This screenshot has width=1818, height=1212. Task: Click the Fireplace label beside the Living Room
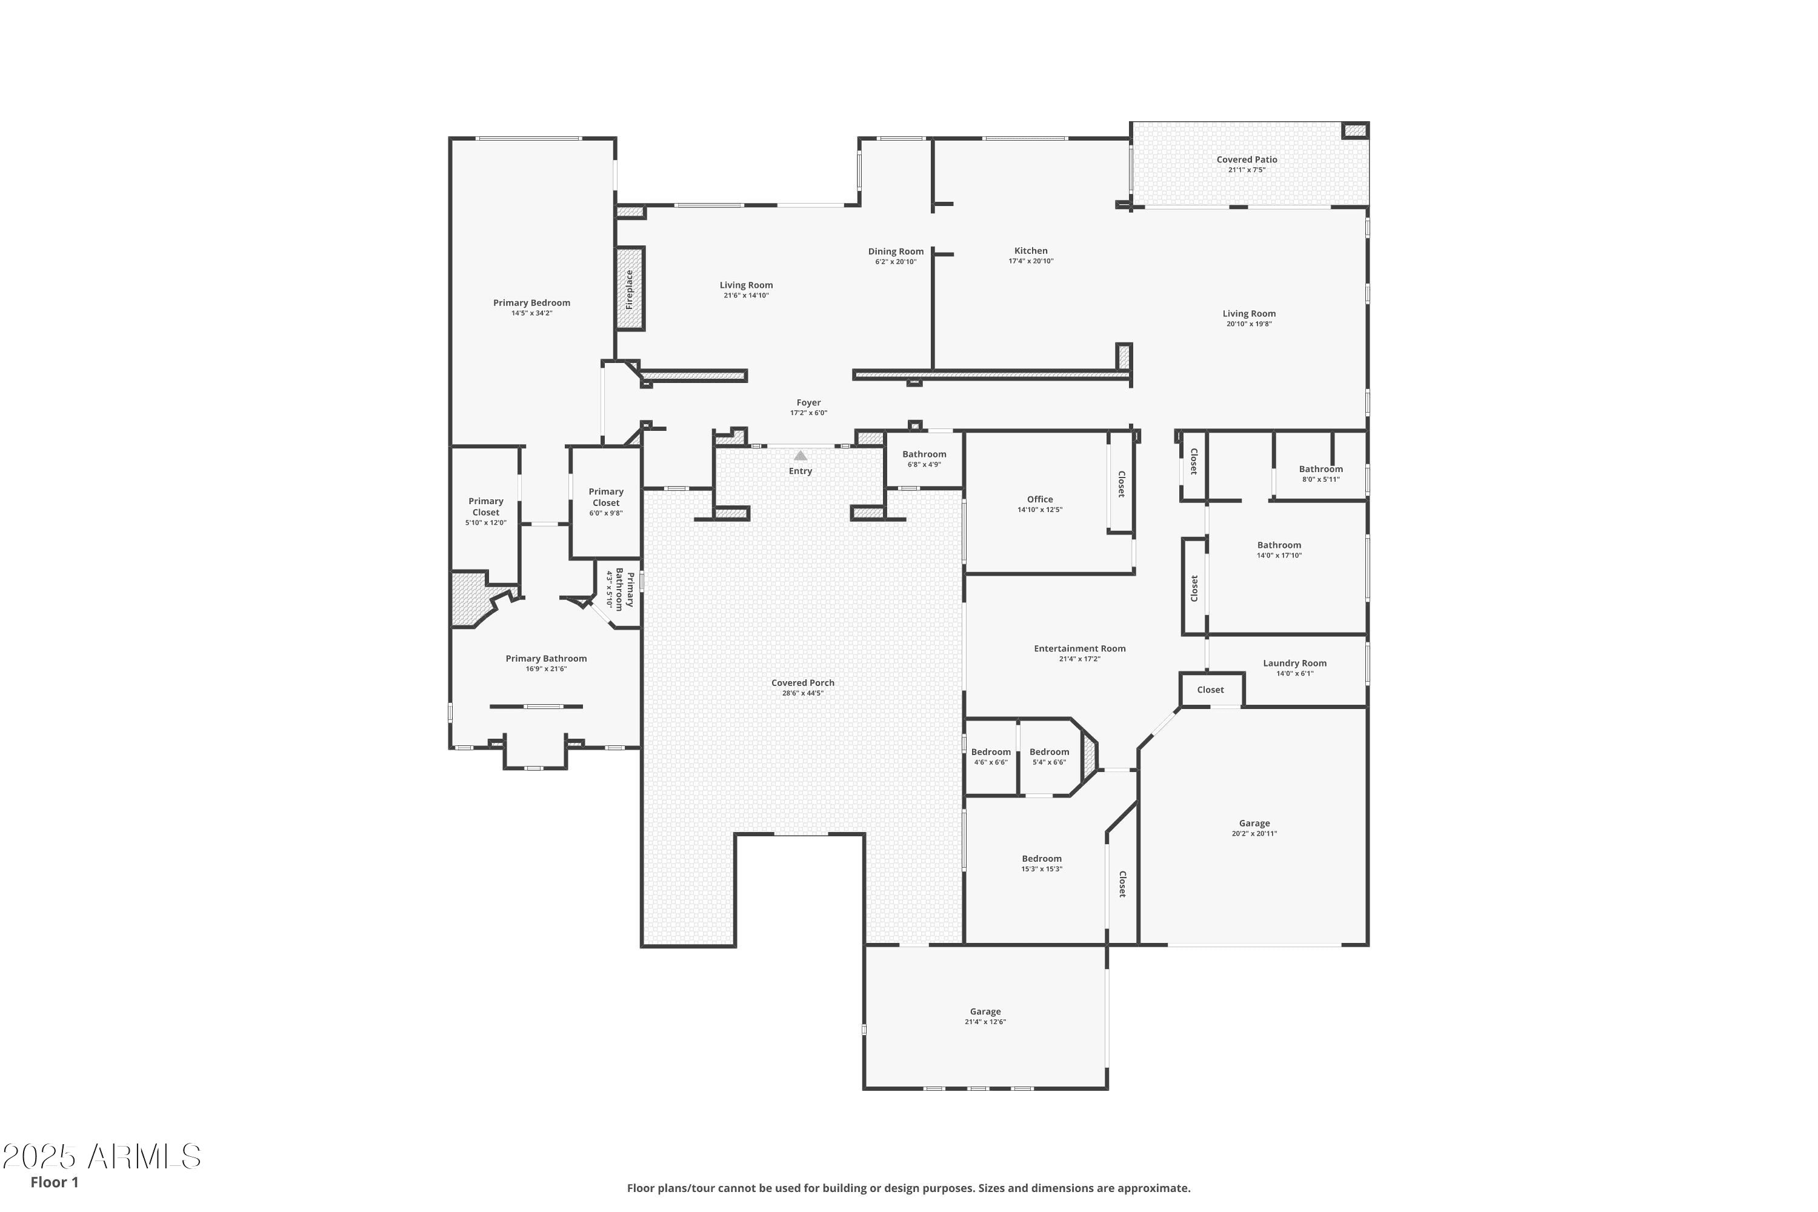[x=629, y=290]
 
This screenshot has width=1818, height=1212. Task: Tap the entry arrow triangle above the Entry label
[x=800, y=456]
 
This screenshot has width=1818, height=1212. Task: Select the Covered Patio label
[x=1246, y=160]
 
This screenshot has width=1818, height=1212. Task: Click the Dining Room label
[x=895, y=251]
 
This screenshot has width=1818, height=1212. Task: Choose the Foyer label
[x=808, y=403]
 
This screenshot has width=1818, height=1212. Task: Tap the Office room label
[x=1040, y=499]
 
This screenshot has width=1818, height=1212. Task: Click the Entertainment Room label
[x=1079, y=648]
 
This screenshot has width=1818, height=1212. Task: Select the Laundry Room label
[x=1294, y=663]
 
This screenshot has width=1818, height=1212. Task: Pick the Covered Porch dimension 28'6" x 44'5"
[x=802, y=693]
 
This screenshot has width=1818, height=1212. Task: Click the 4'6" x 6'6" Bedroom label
[x=990, y=752]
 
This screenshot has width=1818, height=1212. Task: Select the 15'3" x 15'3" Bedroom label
[x=1041, y=859]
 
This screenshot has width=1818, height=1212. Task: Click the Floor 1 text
[x=54, y=1182]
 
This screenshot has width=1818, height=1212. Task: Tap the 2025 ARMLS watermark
[x=101, y=1157]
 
